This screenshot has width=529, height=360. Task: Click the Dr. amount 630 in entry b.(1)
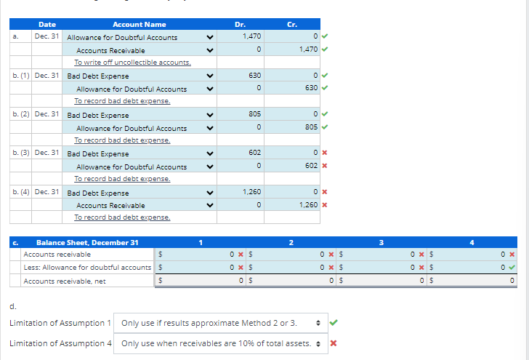pyautogui.click(x=254, y=76)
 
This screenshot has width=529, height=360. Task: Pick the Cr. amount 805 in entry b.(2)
pyautogui.click(x=310, y=128)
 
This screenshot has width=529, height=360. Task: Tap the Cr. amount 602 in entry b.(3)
pyautogui.click(x=310, y=167)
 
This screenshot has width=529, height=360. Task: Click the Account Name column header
pyautogui.click(x=139, y=24)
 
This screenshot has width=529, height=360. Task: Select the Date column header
pyautogui.click(x=47, y=24)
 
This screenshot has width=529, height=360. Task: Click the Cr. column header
pyautogui.click(x=292, y=24)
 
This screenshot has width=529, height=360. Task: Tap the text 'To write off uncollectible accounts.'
pyautogui.click(x=132, y=63)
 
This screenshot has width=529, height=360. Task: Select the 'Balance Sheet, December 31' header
pyautogui.click(x=86, y=242)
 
